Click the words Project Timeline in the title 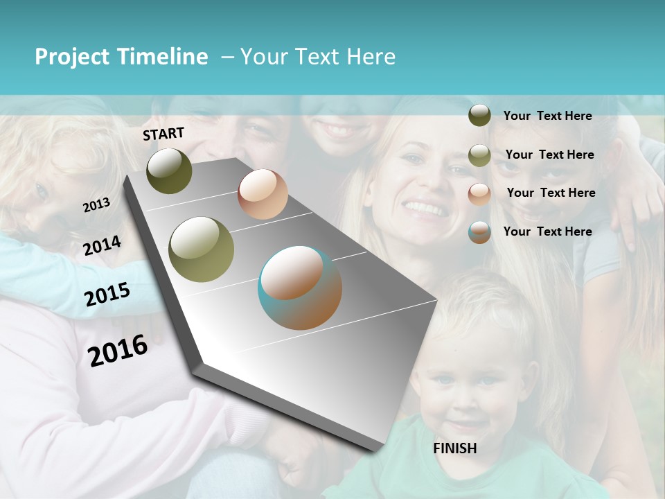click(x=121, y=57)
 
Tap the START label click(x=163, y=134)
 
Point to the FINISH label click(x=455, y=448)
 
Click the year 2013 click(x=96, y=204)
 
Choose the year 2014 click(x=102, y=246)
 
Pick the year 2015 click(x=107, y=295)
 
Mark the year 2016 click(x=118, y=350)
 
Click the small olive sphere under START click(x=169, y=170)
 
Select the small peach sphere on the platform click(x=263, y=193)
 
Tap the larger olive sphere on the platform click(x=202, y=249)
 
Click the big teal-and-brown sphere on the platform click(x=300, y=288)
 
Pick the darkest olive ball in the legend click(x=479, y=116)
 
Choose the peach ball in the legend click(x=479, y=193)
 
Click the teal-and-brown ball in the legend click(x=479, y=232)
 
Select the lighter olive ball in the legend click(x=479, y=155)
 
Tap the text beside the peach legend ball click(x=551, y=193)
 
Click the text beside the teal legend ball click(x=547, y=231)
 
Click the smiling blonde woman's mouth click(x=424, y=208)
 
